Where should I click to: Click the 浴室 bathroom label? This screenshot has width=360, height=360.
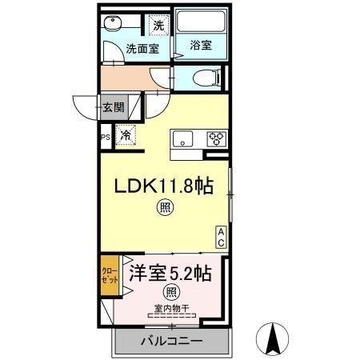pyautogui.click(x=201, y=46)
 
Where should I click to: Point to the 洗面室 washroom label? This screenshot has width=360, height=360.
pyautogui.click(x=142, y=49)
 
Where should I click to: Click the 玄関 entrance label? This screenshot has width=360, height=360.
pyautogui.click(x=113, y=106)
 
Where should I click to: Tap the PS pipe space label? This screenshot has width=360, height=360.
pyautogui.click(x=105, y=137)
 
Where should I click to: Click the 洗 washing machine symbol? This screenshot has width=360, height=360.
pyautogui.click(x=158, y=24)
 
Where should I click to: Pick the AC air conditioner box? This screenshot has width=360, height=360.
pyautogui.click(x=221, y=235)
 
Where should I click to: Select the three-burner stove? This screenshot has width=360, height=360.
pyautogui.click(x=216, y=138)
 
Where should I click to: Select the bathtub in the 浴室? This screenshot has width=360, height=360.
pyautogui.click(x=201, y=24)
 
